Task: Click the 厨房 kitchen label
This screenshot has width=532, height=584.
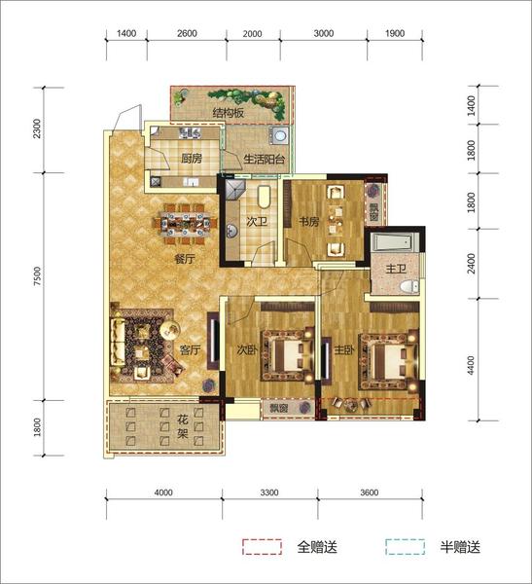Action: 192,159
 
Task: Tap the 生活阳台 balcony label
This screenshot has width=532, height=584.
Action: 264,160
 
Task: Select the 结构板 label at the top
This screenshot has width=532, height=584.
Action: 229,113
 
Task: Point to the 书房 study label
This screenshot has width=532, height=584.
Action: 308,222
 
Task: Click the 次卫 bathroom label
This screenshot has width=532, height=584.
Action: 257,222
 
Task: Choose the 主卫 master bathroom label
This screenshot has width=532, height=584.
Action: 396,269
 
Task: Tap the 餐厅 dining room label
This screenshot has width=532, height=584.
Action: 185,259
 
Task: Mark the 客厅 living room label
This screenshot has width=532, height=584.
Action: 190,349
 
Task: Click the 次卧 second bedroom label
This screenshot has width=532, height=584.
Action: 247,349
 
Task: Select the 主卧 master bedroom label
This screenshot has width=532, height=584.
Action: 344,349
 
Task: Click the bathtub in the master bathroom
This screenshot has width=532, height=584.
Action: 395,242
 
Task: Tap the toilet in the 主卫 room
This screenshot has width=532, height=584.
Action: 409,286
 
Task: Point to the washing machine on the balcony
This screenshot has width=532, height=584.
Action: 279,135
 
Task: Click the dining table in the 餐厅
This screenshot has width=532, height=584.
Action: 184,224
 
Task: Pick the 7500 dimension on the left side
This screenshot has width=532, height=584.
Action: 38,276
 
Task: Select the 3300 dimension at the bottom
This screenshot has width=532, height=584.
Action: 269,493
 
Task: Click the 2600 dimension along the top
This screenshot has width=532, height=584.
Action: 187,33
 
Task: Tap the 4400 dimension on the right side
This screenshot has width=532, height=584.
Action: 471,365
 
